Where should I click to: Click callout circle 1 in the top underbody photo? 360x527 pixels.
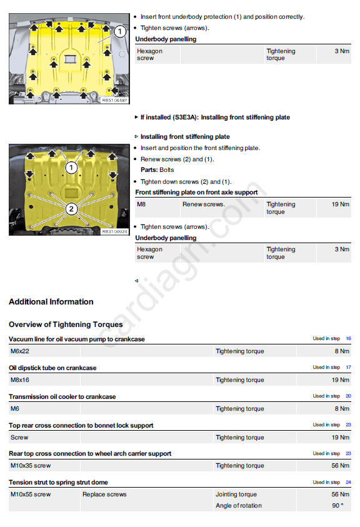pyautogui.click(x=119, y=32)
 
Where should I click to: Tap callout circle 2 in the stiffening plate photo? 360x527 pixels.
pyautogui.click(x=71, y=209)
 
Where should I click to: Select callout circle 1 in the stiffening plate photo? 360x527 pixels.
pyautogui.click(x=71, y=168)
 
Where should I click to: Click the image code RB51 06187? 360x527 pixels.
pyautogui.click(x=114, y=100)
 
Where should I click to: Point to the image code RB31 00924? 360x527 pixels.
pyautogui.click(x=114, y=231)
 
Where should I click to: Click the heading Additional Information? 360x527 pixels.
pyautogui.click(x=51, y=302)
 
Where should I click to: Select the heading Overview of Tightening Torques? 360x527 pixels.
pyautogui.click(x=66, y=324)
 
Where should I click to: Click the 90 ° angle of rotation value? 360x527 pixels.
pyautogui.click(x=338, y=506)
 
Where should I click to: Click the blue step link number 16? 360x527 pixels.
pyautogui.click(x=349, y=338)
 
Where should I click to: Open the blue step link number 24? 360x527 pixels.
pyautogui.click(x=349, y=482)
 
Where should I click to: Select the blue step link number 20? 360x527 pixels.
pyautogui.click(x=349, y=396)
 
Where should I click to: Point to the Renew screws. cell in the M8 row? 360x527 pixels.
pyautogui.click(x=204, y=204)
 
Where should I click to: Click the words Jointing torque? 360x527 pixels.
pyautogui.click(x=236, y=494)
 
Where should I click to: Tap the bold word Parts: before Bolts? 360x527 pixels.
pyautogui.click(x=149, y=170)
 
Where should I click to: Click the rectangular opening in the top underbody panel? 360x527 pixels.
pyautogui.click(x=70, y=59)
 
